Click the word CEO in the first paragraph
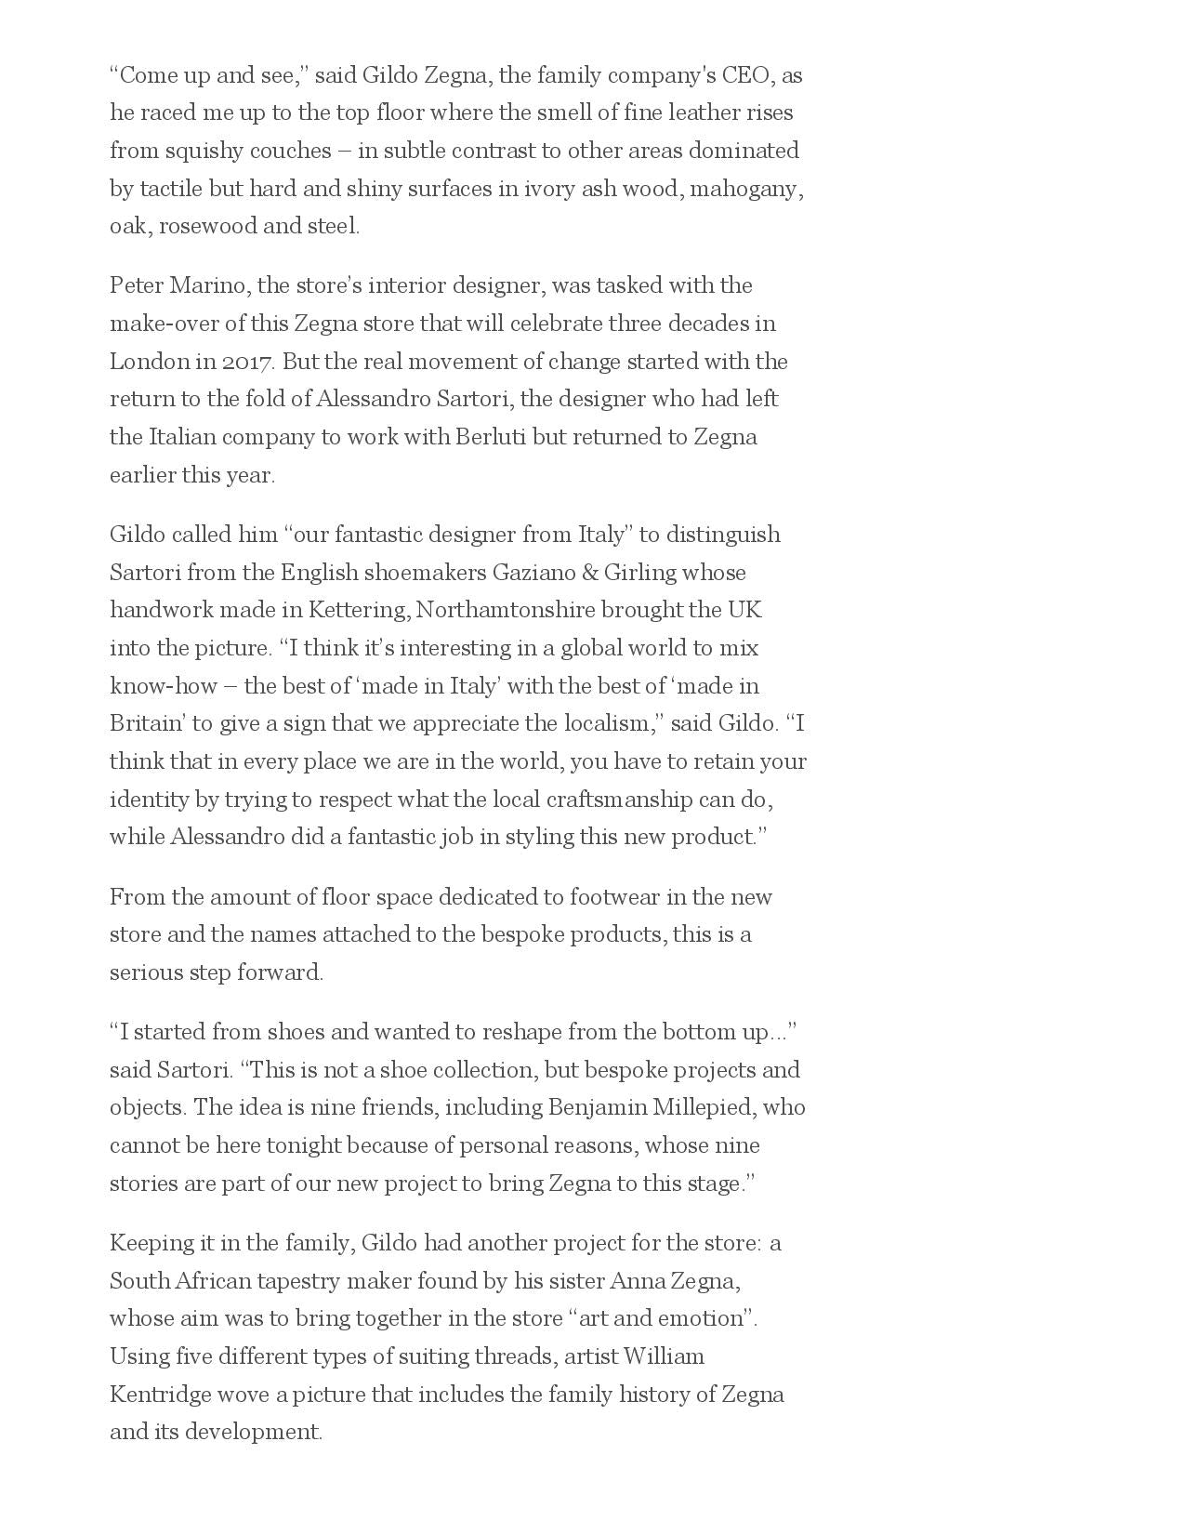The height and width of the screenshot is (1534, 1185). pos(745,75)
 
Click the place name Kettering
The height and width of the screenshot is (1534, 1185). pos(359,611)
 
